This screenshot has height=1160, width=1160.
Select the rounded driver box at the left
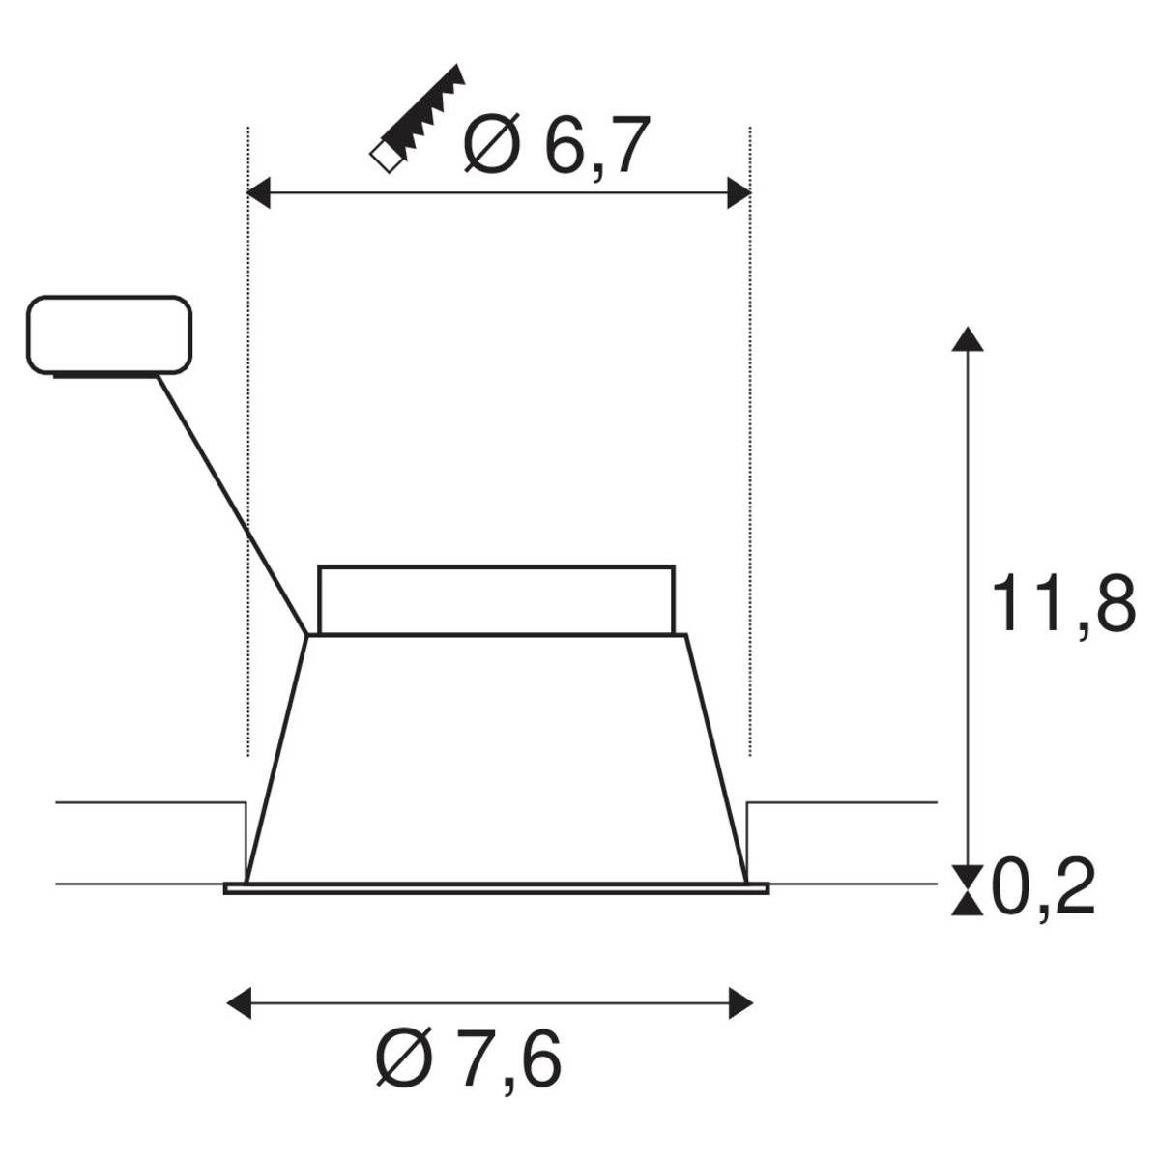pos(109,334)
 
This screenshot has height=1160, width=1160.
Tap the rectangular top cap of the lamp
pos(496,599)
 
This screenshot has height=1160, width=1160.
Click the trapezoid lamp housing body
pos(496,754)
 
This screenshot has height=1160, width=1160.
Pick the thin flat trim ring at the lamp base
pos(496,887)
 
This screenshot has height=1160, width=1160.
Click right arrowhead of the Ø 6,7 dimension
pos(739,193)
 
